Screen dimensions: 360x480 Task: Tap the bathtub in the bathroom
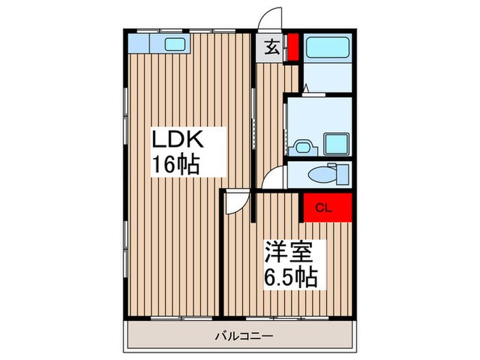327,48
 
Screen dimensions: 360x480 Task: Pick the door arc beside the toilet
274,178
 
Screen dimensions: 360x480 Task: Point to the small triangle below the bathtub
306,87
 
